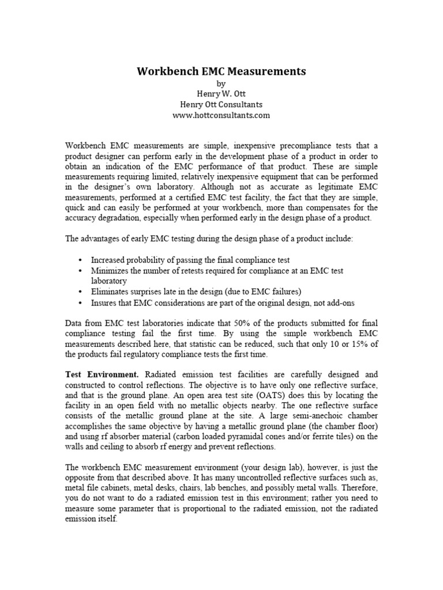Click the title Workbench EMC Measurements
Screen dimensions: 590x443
(x=221, y=72)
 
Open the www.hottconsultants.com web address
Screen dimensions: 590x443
(x=221, y=115)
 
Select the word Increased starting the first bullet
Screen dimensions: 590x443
(x=110, y=260)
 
